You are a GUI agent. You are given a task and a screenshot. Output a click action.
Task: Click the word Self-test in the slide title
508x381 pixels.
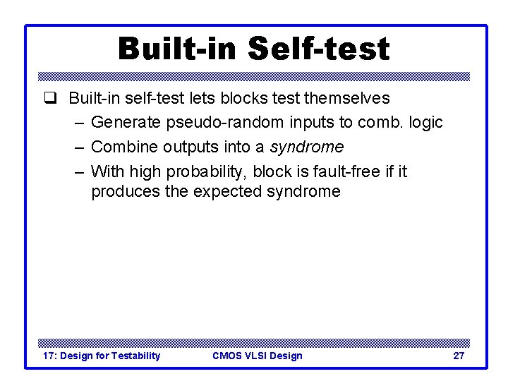point(319,49)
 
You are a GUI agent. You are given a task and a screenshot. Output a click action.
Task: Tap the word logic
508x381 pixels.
point(425,123)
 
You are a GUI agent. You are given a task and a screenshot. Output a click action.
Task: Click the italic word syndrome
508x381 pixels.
point(310,147)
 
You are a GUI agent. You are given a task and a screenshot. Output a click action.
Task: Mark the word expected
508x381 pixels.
point(225,191)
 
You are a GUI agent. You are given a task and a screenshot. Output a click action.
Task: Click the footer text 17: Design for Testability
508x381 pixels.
point(102,356)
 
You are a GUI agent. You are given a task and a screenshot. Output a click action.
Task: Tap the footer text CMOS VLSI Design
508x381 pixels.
point(257,356)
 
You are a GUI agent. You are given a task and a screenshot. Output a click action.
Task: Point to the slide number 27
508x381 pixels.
point(459,356)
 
